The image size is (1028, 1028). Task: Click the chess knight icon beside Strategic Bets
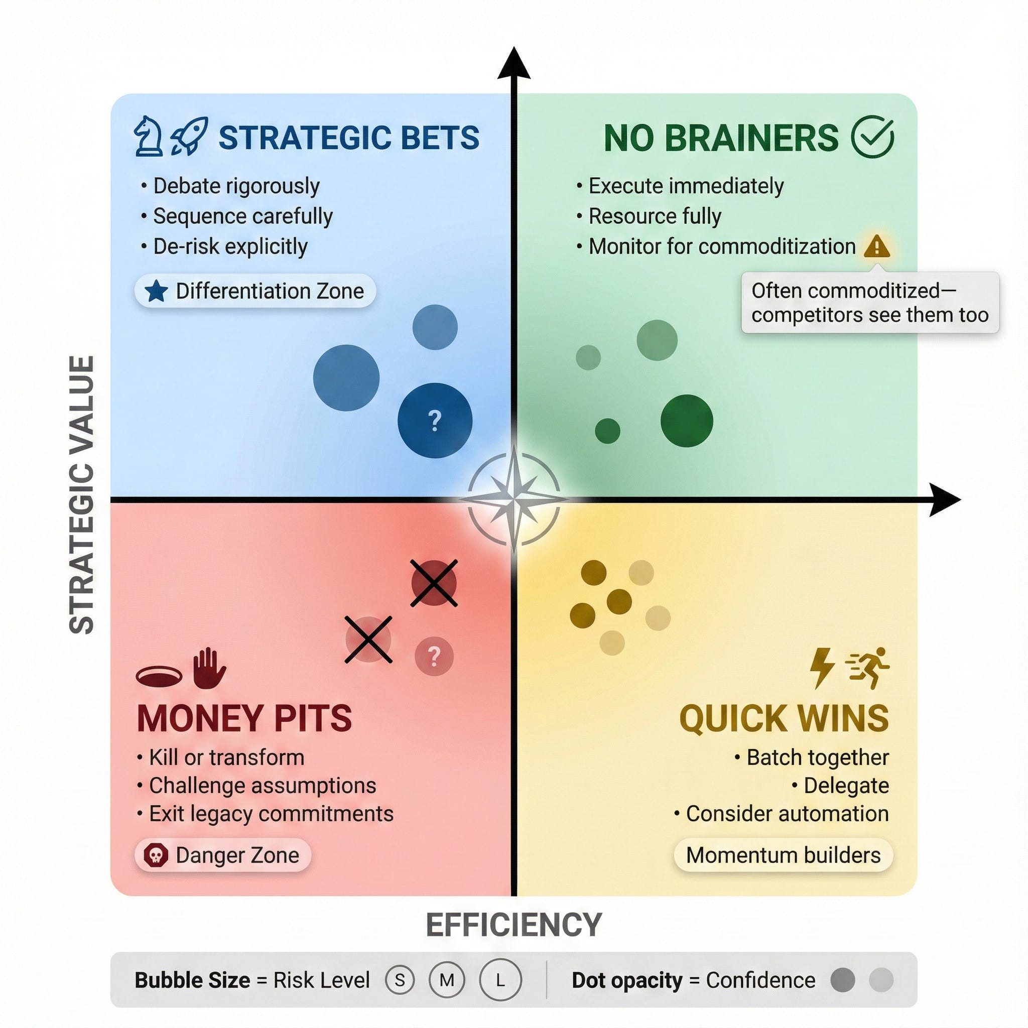149,137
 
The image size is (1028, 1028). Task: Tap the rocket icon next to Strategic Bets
189,137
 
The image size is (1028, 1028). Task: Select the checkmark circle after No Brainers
872,137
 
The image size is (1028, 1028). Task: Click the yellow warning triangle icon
876,246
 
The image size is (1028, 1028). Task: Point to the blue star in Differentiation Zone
157,291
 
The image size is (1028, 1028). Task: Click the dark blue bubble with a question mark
435,420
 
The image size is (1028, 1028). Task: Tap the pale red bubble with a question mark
434,656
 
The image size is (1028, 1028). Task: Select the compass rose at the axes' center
514,499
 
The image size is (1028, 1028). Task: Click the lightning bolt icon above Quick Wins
821,668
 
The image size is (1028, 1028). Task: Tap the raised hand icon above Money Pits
209,669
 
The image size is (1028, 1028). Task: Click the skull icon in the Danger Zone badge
156,855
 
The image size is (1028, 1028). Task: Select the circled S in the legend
400,980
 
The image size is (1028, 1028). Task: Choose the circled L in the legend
500,980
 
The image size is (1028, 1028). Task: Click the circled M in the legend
447,980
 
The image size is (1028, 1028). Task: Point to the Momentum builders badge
783,855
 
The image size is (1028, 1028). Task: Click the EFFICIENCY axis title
514,925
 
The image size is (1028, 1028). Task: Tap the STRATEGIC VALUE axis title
82,495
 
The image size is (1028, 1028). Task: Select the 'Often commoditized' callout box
870,303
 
